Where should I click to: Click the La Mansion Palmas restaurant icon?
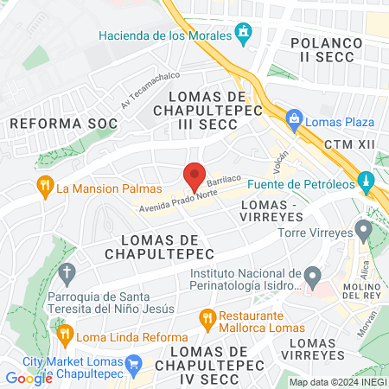[x=43, y=185]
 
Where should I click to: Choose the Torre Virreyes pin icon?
[x=363, y=231]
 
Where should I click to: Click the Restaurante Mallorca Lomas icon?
[x=207, y=317]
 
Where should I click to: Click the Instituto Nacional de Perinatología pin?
[x=312, y=277]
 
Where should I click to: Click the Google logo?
[x=29, y=378]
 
